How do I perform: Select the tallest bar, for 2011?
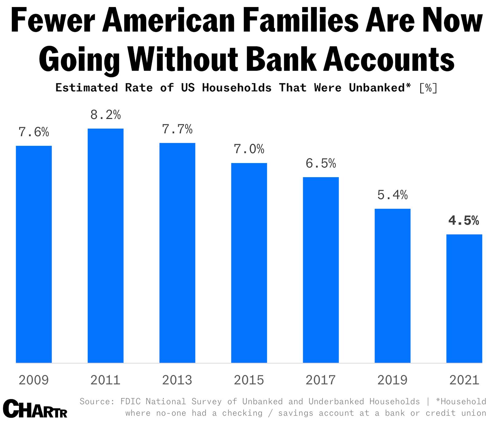(x=106, y=246)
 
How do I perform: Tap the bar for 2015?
(x=249, y=263)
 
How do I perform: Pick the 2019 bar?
(x=392, y=286)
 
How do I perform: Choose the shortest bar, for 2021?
(x=464, y=298)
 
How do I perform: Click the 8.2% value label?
(x=106, y=115)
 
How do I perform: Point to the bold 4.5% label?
(x=464, y=220)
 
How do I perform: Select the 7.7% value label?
(x=177, y=129)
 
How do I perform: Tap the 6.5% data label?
(x=321, y=163)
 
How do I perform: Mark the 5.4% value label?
(x=392, y=195)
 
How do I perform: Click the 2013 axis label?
(x=177, y=380)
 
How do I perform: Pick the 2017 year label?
(x=321, y=380)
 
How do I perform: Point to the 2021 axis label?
(x=464, y=380)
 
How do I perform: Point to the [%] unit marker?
(x=428, y=88)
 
